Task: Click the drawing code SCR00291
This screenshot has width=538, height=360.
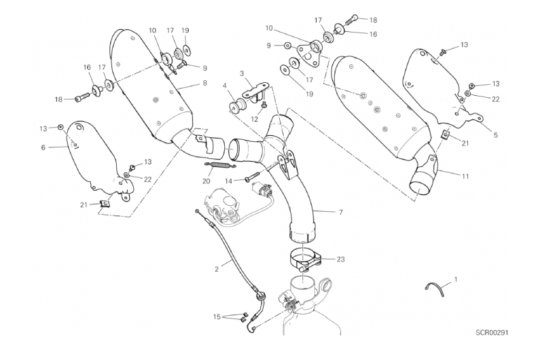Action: tap(492, 333)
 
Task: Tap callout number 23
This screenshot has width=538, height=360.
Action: tap(340, 259)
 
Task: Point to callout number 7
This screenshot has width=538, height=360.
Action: tap(341, 213)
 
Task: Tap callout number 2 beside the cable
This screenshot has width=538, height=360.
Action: tap(217, 269)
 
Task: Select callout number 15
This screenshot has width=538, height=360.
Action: tap(217, 317)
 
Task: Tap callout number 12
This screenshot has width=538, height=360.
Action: tap(254, 119)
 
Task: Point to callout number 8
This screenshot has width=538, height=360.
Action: tap(205, 83)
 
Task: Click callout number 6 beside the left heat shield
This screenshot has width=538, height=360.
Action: tap(43, 147)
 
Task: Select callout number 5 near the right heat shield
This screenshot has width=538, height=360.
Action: tap(495, 135)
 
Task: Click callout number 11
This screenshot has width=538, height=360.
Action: tap(465, 177)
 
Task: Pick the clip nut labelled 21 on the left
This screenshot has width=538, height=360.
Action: tap(105, 203)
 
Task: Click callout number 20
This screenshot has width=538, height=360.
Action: tap(207, 181)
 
